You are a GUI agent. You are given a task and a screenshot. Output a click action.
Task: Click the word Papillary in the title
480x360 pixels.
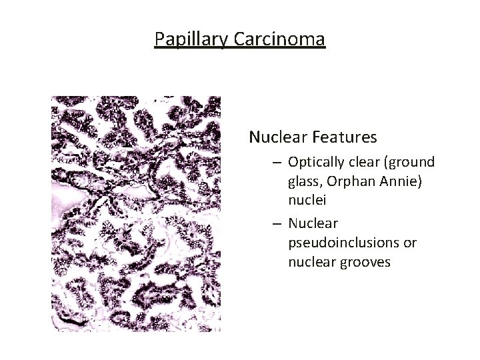click(x=192, y=39)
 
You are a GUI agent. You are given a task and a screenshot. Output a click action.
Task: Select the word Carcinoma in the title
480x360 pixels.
click(x=279, y=39)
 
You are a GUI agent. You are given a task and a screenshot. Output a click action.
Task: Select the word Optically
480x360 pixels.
click(x=315, y=162)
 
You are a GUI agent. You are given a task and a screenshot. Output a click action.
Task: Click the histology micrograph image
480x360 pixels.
click(x=136, y=213)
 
